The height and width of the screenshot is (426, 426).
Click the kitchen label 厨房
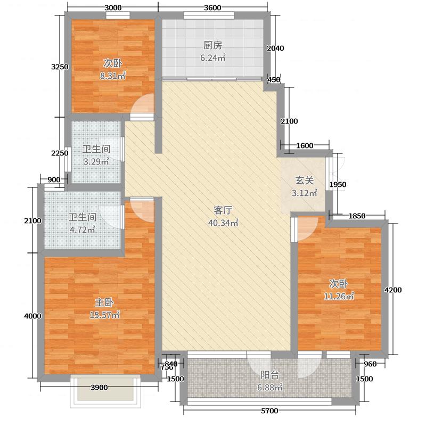pyautogui.click(x=212, y=45)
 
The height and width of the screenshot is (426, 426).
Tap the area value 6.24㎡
pyautogui.click(x=212, y=58)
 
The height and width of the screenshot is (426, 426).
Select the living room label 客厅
pyautogui.click(x=223, y=210)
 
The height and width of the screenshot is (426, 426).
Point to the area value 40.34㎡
pyautogui.click(x=223, y=223)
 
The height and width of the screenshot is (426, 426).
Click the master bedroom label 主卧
pyautogui.click(x=104, y=302)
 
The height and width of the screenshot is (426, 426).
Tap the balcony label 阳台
pyautogui.click(x=269, y=375)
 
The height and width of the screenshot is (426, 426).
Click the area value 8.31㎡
pyautogui.click(x=113, y=76)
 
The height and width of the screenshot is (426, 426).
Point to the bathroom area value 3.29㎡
pyautogui.click(x=96, y=162)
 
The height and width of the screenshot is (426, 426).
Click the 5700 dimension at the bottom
pyautogui.click(x=270, y=411)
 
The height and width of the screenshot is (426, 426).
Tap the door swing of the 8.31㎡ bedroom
pyautogui.click(x=144, y=104)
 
